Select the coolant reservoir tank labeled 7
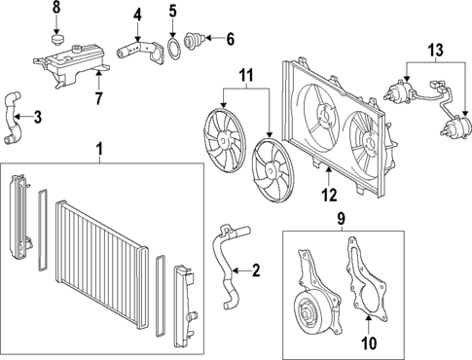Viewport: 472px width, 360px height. (73, 68)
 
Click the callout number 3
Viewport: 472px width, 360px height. (37, 119)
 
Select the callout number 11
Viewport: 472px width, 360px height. (245, 73)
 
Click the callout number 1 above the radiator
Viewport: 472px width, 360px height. (99, 149)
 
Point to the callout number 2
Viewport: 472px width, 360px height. (256, 270)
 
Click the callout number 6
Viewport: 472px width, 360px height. (230, 40)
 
